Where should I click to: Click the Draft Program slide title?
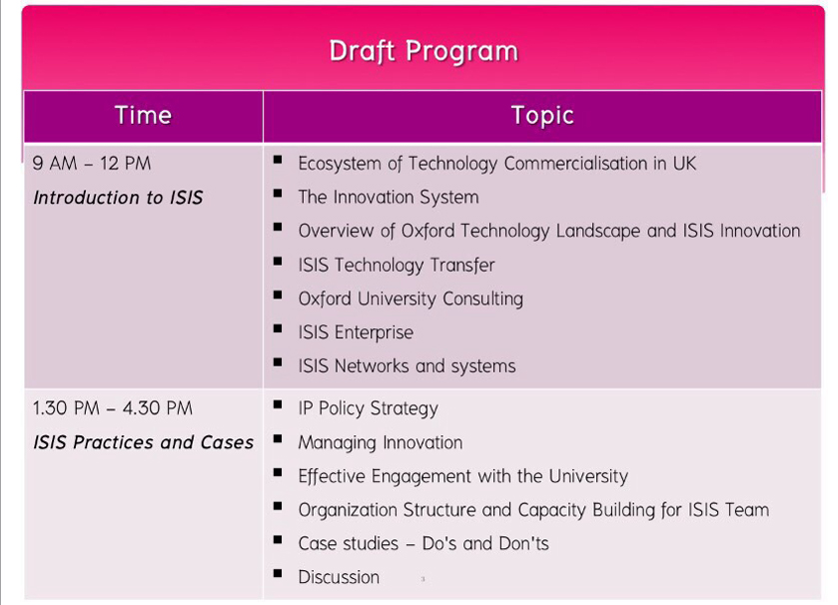[423, 52]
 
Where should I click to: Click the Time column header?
[143, 116]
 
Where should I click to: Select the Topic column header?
[542, 116]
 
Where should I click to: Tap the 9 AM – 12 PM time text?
[91, 164]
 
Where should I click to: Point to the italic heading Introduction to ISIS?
[118, 198]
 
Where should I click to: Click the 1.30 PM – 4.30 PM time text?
[112, 408]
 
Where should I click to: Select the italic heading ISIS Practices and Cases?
[143, 442]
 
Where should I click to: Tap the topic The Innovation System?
[389, 198]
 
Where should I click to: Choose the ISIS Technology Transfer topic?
[397, 265]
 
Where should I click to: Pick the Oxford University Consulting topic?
[411, 300]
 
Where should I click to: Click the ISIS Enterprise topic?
[356, 332]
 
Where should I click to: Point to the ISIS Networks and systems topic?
[408, 366]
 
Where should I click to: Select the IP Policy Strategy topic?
[369, 409]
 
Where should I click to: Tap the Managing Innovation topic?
[381, 442]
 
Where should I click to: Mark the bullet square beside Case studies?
[278, 540]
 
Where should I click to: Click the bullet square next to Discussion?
[278, 573]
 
